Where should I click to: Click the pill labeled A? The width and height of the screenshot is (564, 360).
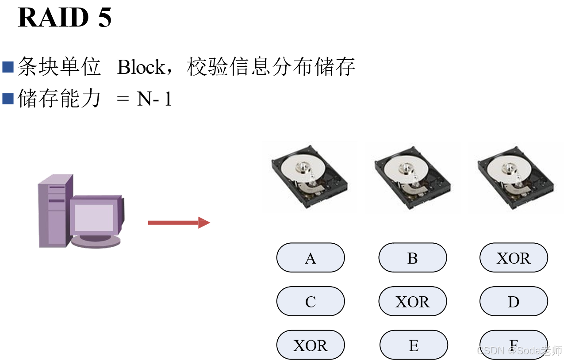[311, 258]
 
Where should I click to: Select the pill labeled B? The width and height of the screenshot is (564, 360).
[412, 258]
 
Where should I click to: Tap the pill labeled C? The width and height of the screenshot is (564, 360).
[311, 302]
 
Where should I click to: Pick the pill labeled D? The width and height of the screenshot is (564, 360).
[514, 302]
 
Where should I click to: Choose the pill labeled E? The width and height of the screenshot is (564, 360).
[414, 345]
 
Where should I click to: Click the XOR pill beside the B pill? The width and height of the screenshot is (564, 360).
[514, 258]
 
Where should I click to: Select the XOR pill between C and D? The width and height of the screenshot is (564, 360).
[412, 302]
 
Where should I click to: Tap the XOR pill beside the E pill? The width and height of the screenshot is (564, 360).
[311, 345]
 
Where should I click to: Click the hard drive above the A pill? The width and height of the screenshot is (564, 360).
[310, 177]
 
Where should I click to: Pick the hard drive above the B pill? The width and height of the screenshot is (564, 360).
[413, 178]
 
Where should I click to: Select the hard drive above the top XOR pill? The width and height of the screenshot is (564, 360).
[516, 178]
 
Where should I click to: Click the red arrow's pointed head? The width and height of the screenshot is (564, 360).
[204, 222]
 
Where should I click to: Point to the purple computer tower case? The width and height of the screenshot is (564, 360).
[52, 210]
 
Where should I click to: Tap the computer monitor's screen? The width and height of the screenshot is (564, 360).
[94, 218]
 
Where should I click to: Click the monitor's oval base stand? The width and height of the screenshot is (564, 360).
[96, 241]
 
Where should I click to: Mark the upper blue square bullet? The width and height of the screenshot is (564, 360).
[8, 67]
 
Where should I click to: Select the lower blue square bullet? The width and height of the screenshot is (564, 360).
[8, 99]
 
